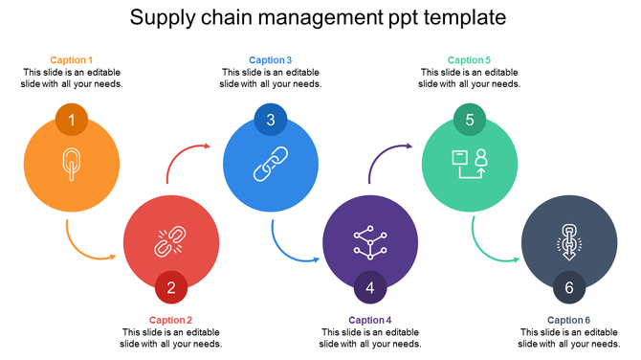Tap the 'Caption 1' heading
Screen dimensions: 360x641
click(72, 60)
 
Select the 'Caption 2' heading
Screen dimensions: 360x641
click(171, 320)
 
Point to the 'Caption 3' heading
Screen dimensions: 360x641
click(271, 60)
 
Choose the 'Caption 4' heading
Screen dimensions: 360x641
click(370, 320)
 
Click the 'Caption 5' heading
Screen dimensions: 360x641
click(469, 60)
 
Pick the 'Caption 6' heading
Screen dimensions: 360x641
click(569, 320)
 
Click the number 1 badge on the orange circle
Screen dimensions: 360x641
click(72, 121)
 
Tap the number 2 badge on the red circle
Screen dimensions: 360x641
click(171, 287)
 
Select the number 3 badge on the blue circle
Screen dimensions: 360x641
click(271, 120)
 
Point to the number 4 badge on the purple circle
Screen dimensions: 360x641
click(370, 287)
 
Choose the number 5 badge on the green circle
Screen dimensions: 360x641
click(470, 120)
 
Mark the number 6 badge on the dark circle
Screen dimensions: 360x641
click(569, 287)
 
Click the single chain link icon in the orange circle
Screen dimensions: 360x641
click(72, 164)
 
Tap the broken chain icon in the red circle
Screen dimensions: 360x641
click(170, 241)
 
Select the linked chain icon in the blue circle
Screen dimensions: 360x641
click(270, 164)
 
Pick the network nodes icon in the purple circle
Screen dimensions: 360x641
click(369, 241)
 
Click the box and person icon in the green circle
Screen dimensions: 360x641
click(470, 164)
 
